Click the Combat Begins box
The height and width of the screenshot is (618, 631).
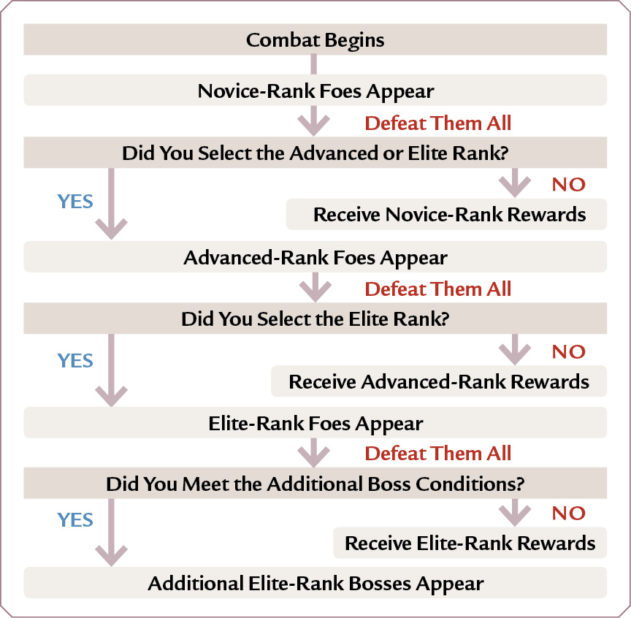(x=315, y=39)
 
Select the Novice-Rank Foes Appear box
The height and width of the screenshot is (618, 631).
(x=315, y=90)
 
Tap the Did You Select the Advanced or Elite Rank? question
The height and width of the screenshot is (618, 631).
(x=315, y=153)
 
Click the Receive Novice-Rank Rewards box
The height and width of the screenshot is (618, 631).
(x=447, y=214)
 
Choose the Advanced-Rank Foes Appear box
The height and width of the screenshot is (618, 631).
(x=315, y=257)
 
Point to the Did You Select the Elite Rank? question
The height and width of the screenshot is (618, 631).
(x=315, y=318)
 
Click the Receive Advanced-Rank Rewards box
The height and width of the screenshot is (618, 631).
(x=439, y=381)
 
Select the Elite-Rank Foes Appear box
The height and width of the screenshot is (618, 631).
(x=315, y=423)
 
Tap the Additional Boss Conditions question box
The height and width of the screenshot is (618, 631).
(x=315, y=483)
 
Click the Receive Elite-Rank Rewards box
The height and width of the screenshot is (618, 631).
(x=470, y=543)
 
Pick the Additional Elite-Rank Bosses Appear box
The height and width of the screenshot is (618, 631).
(x=315, y=582)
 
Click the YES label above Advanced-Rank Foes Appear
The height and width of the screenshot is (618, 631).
(x=75, y=202)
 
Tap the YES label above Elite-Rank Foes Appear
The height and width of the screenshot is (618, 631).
(x=75, y=360)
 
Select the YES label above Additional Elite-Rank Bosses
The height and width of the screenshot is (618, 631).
(x=75, y=520)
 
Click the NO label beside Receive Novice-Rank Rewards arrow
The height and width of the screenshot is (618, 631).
(x=569, y=184)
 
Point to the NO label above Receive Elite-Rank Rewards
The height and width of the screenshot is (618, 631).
(x=569, y=513)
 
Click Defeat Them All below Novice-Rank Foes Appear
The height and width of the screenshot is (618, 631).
(x=438, y=123)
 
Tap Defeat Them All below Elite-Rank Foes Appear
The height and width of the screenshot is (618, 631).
(x=438, y=454)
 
